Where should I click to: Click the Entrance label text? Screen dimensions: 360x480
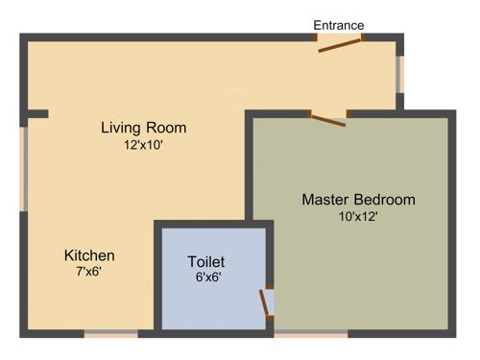click(x=339, y=25)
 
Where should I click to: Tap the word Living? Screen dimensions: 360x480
click(x=123, y=128)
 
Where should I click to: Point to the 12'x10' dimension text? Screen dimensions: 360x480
click(x=144, y=146)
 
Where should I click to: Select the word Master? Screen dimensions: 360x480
click(x=324, y=200)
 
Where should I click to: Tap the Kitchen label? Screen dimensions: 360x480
click(x=89, y=255)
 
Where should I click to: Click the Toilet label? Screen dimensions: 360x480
click(x=205, y=261)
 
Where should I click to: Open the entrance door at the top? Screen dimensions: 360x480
click(x=340, y=41)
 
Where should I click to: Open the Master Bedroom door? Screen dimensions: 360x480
click(x=327, y=118)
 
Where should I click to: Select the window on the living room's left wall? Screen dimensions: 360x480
click(x=24, y=168)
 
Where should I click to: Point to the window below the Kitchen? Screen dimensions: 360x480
click(x=110, y=334)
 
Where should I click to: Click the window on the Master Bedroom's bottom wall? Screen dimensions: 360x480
click(x=311, y=334)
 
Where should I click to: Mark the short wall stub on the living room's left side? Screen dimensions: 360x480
click(x=36, y=114)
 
